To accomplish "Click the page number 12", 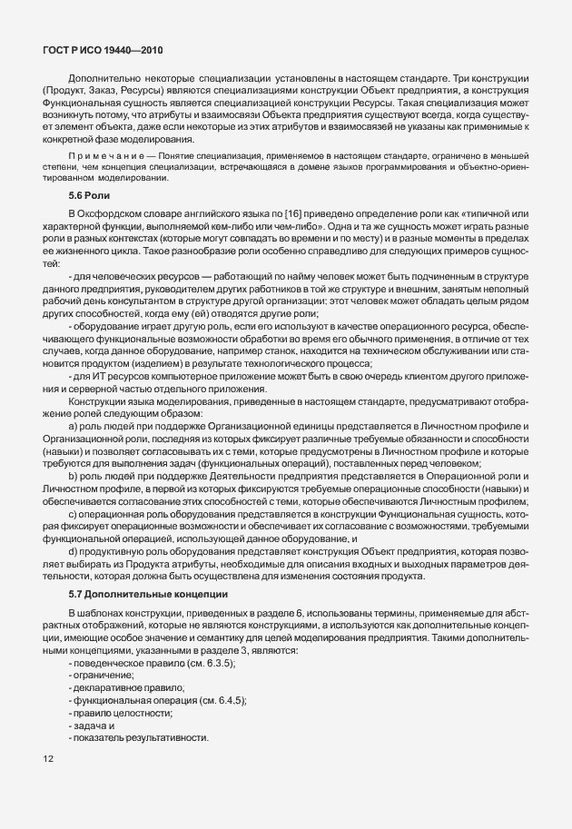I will pos(48,757).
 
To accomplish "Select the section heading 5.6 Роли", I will pos(90,195).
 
